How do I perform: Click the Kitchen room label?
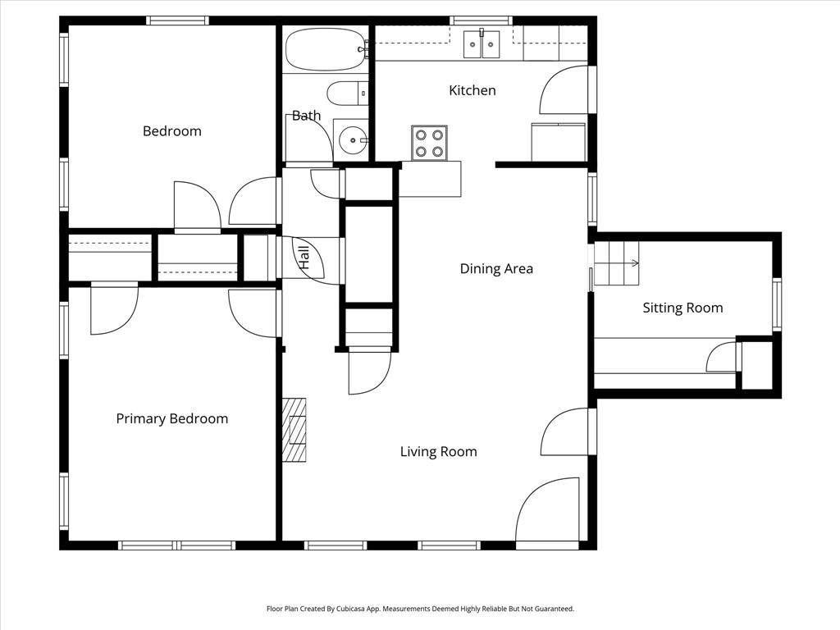pyautogui.click(x=472, y=90)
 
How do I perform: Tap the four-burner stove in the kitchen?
pyautogui.click(x=429, y=143)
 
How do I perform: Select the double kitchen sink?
pyautogui.click(x=482, y=44)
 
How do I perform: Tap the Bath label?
pyautogui.click(x=306, y=116)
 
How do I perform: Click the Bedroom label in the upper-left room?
pyautogui.click(x=171, y=131)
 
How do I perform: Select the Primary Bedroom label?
pyautogui.click(x=171, y=418)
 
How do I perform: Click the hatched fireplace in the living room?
pyautogui.click(x=294, y=430)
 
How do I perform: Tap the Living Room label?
pyautogui.click(x=438, y=451)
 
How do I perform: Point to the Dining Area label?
pyautogui.click(x=495, y=268)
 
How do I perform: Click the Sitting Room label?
pyautogui.click(x=682, y=308)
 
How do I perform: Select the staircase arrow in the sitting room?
pyautogui.click(x=633, y=263)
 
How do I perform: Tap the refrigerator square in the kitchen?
pyautogui.click(x=558, y=143)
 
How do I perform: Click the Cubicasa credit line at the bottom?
pyautogui.click(x=420, y=609)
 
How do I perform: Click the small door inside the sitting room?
pyautogui.click(x=724, y=358)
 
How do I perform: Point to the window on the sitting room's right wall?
pyautogui.click(x=776, y=304)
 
